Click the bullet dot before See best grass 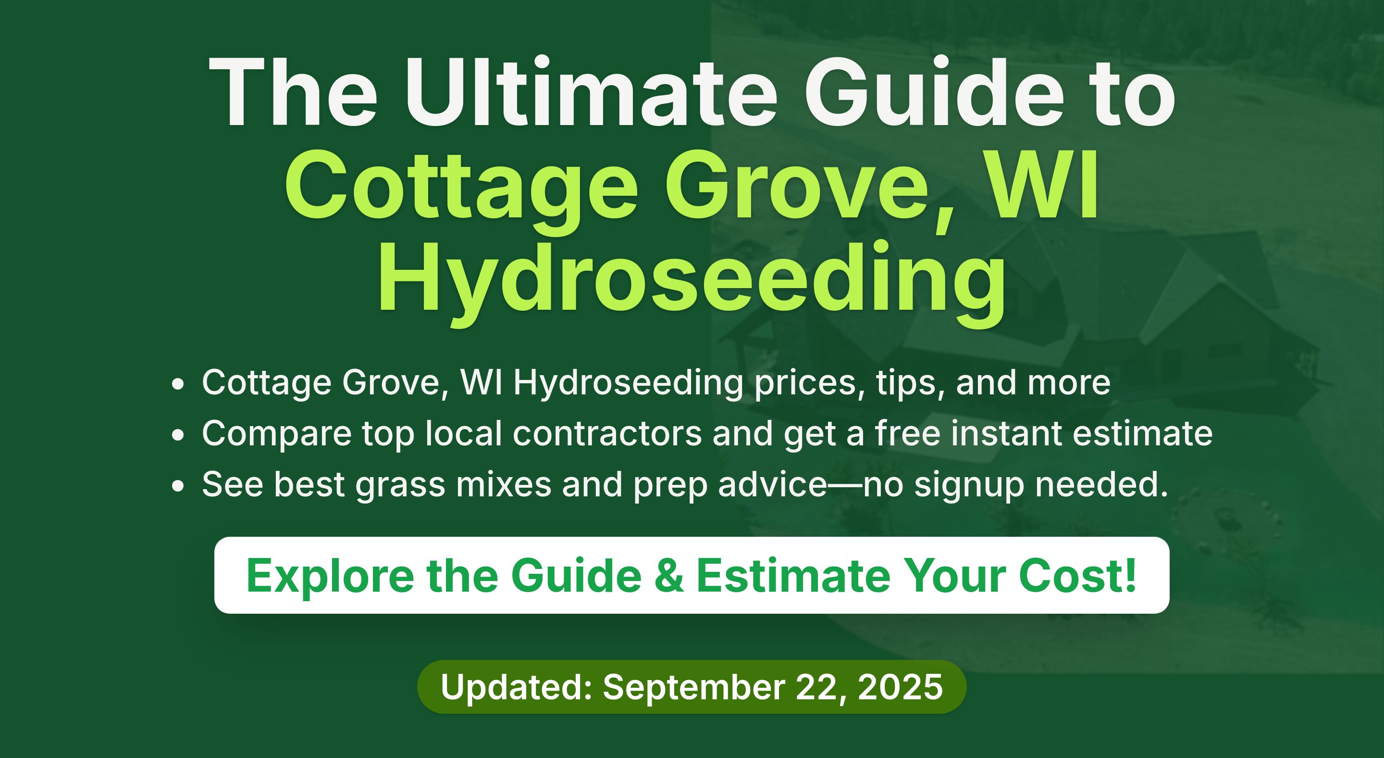coord(178,486)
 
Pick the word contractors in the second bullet coord(607,434)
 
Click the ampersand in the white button coord(669,576)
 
